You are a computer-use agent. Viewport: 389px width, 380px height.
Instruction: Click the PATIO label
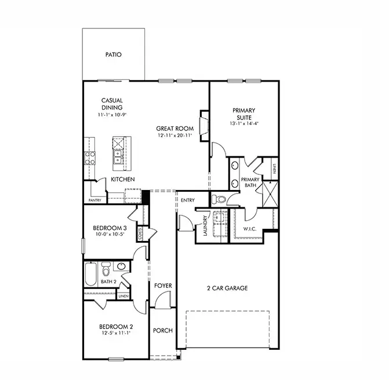[113, 55]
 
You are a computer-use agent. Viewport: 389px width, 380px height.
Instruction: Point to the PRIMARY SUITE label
[244, 113]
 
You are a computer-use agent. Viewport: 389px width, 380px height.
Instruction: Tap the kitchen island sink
[118, 156]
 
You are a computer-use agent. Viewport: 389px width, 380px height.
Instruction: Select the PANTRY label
[94, 200]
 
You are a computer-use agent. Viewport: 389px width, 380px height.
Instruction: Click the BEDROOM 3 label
[111, 228]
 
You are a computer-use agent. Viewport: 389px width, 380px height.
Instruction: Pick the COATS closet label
[140, 233]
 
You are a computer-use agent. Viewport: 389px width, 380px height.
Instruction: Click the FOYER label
[163, 286]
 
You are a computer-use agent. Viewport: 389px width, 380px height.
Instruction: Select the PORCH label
[163, 331]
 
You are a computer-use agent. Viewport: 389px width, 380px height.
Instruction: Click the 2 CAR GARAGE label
[227, 288]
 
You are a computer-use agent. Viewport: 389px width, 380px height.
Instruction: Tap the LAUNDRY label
[205, 226]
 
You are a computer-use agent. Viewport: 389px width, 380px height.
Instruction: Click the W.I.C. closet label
[250, 229]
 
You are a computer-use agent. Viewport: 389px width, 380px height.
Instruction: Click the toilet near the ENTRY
[219, 200]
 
